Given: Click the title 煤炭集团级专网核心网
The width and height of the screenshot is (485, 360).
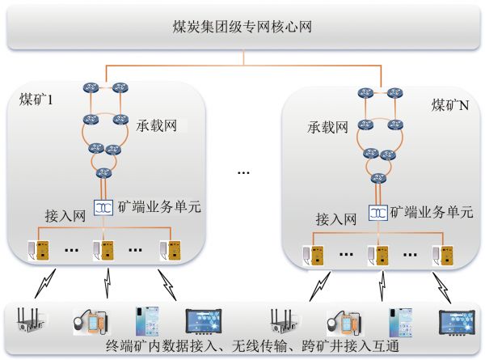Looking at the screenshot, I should coord(242,27).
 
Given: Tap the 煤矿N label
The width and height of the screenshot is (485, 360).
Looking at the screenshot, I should coord(450,105).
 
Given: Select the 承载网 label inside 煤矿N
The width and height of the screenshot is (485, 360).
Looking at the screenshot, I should coord(327,127).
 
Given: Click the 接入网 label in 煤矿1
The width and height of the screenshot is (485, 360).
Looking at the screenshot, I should coord(65,217).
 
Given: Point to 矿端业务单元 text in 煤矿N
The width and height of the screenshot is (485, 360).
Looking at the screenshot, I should coord(431,213).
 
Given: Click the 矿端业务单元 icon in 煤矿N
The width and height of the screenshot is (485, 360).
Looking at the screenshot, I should coord(377,213).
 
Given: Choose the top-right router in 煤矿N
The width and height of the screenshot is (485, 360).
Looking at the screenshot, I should coord(394,91).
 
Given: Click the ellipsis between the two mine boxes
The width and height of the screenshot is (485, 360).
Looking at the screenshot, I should coord(242,172).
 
